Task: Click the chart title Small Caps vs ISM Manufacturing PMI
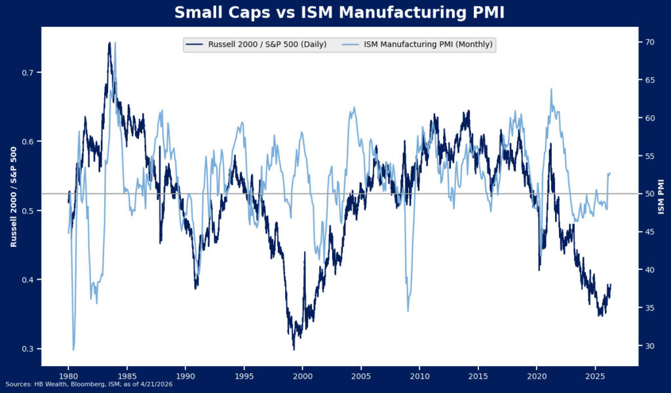[339, 12]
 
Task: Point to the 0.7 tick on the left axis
[28, 72]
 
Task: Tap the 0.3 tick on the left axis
[28, 349]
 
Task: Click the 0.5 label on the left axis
[28, 211]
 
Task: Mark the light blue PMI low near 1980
[73, 349]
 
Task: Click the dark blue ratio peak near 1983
[109, 44]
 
